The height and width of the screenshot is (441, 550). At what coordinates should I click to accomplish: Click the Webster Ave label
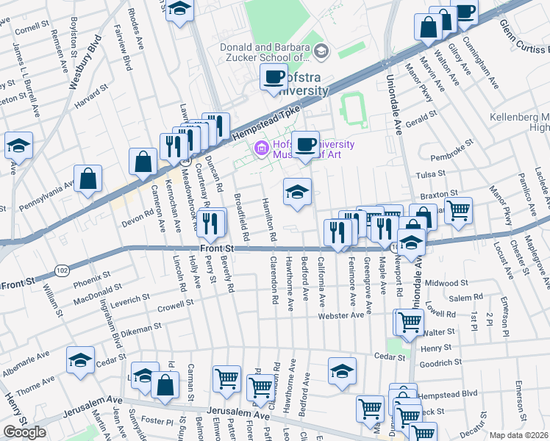341,315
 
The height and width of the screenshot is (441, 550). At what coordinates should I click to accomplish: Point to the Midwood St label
446,282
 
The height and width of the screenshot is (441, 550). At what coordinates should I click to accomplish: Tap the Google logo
24,432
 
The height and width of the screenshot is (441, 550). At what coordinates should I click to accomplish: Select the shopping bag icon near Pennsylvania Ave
88,178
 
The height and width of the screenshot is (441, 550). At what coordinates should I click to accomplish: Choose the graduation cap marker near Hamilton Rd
297,193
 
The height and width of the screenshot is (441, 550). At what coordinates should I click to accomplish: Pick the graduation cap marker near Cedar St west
80,360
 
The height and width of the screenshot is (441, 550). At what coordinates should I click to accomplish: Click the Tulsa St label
430,175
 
